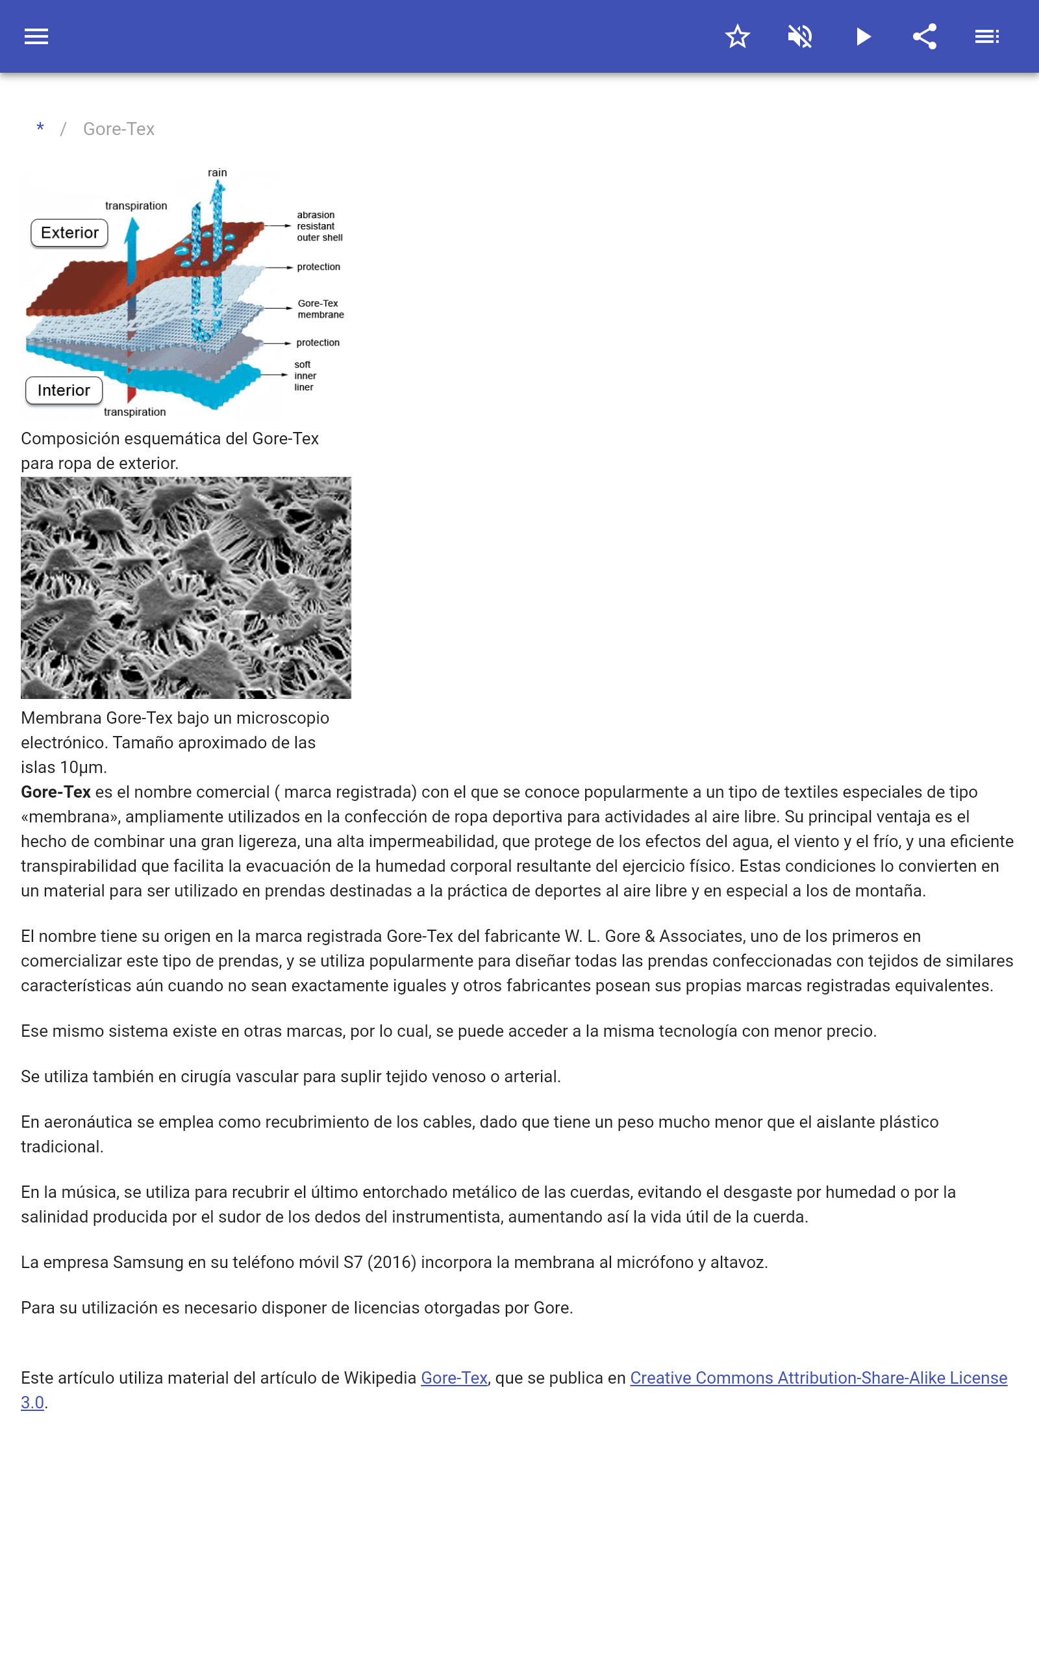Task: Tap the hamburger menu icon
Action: pyautogui.click(x=36, y=36)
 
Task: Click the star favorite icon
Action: pyautogui.click(x=737, y=36)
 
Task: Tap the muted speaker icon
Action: pyautogui.click(x=800, y=36)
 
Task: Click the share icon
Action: pyautogui.click(x=925, y=36)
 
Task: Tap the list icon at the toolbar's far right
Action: pyautogui.click(x=987, y=36)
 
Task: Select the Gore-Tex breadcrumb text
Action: pyautogui.click(x=119, y=129)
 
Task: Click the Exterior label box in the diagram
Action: pyautogui.click(x=69, y=233)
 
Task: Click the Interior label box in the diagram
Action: pyautogui.click(x=64, y=390)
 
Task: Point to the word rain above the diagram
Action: pyautogui.click(x=217, y=173)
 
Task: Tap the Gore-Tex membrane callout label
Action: pyautogui.click(x=320, y=309)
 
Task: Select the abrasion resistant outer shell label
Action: pyautogui.click(x=319, y=226)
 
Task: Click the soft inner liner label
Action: pyautogui.click(x=305, y=376)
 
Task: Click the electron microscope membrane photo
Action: pyautogui.click(x=186, y=587)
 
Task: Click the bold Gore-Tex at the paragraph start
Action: pyautogui.click(x=56, y=792)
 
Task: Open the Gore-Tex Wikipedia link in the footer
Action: pyautogui.click(x=454, y=1378)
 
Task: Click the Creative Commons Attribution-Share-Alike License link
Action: pyautogui.click(x=818, y=1378)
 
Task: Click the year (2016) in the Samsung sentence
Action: pyautogui.click(x=392, y=1262)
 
